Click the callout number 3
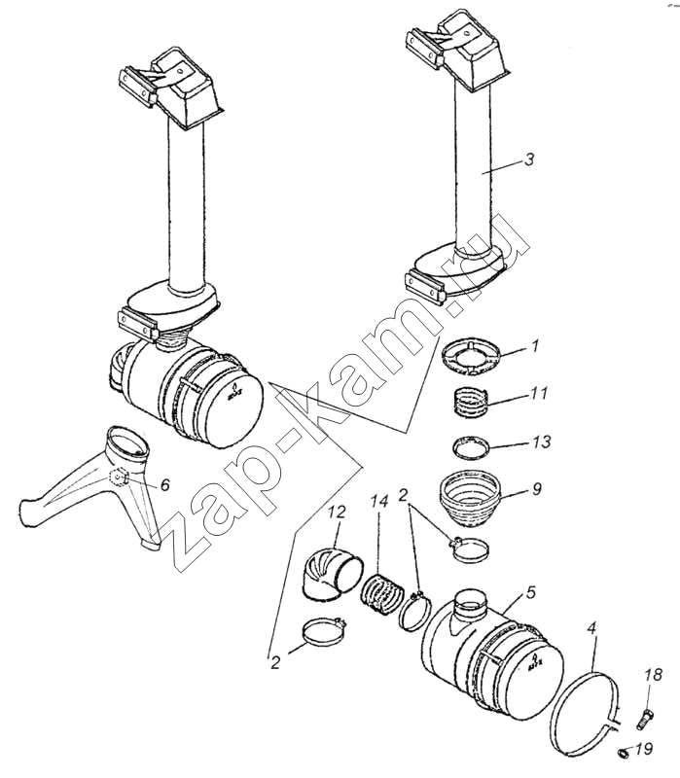[x=529, y=159]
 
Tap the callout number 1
[x=535, y=346]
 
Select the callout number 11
[x=539, y=393]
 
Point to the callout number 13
[x=542, y=442]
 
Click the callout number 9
[x=537, y=489]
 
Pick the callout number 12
[x=337, y=512]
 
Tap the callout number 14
[x=378, y=501]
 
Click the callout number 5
[x=531, y=592]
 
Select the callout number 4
[x=591, y=628]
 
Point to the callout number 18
[x=653, y=675]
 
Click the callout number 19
[x=644, y=748]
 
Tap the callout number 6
[x=164, y=484]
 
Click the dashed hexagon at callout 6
[x=118, y=477]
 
